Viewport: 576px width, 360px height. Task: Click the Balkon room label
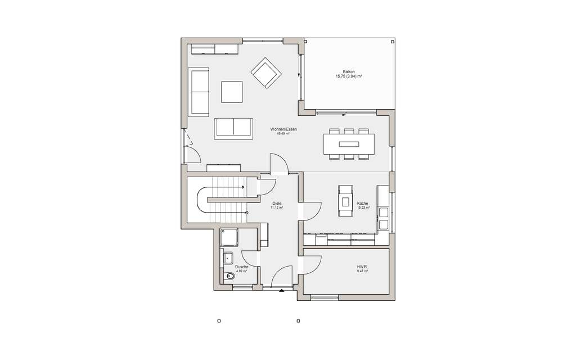coord(349,72)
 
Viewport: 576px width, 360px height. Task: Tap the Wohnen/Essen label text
coord(283,130)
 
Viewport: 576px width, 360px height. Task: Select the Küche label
coord(362,203)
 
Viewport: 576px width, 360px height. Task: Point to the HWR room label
coord(362,267)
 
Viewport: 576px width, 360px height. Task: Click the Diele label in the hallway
coord(276,203)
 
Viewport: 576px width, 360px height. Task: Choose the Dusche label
coord(242,267)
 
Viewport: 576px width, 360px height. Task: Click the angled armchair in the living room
coord(266,74)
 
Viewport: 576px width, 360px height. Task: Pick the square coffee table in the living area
coord(232,92)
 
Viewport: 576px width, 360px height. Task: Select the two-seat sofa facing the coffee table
coord(233,128)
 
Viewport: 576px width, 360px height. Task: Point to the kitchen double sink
coord(384,219)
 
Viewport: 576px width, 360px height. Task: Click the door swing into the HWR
coord(311,264)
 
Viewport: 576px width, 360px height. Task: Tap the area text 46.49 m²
coord(283,134)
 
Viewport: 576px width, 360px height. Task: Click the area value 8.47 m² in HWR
coord(362,271)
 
